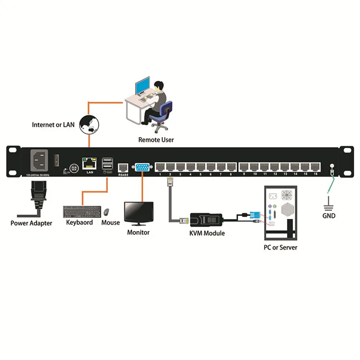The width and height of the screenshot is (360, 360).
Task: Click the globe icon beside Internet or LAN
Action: (x=89, y=124)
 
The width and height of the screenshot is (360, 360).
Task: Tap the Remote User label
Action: (x=156, y=140)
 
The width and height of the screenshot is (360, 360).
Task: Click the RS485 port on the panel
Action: (x=122, y=168)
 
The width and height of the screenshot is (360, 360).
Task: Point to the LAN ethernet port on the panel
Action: (x=89, y=163)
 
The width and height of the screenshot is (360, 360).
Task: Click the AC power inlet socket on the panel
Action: (x=40, y=160)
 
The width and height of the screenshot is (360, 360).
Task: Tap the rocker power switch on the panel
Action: (x=57, y=157)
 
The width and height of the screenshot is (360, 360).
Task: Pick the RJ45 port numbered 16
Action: (x=315, y=167)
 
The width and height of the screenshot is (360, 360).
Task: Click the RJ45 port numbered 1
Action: (x=160, y=167)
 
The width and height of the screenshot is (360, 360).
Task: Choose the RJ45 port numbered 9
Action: (x=244, y=167)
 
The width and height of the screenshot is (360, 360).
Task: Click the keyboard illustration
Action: (x=82, y=212)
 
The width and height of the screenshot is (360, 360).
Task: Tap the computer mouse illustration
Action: (x=106, y=212)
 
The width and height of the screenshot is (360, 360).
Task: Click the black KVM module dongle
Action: (x=207, y=220)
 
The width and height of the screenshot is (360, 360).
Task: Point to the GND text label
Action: (x=329, y=216)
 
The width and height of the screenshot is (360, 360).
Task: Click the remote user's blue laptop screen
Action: (x=143, y=87)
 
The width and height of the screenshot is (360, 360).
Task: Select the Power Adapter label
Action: (x=32, y=223)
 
